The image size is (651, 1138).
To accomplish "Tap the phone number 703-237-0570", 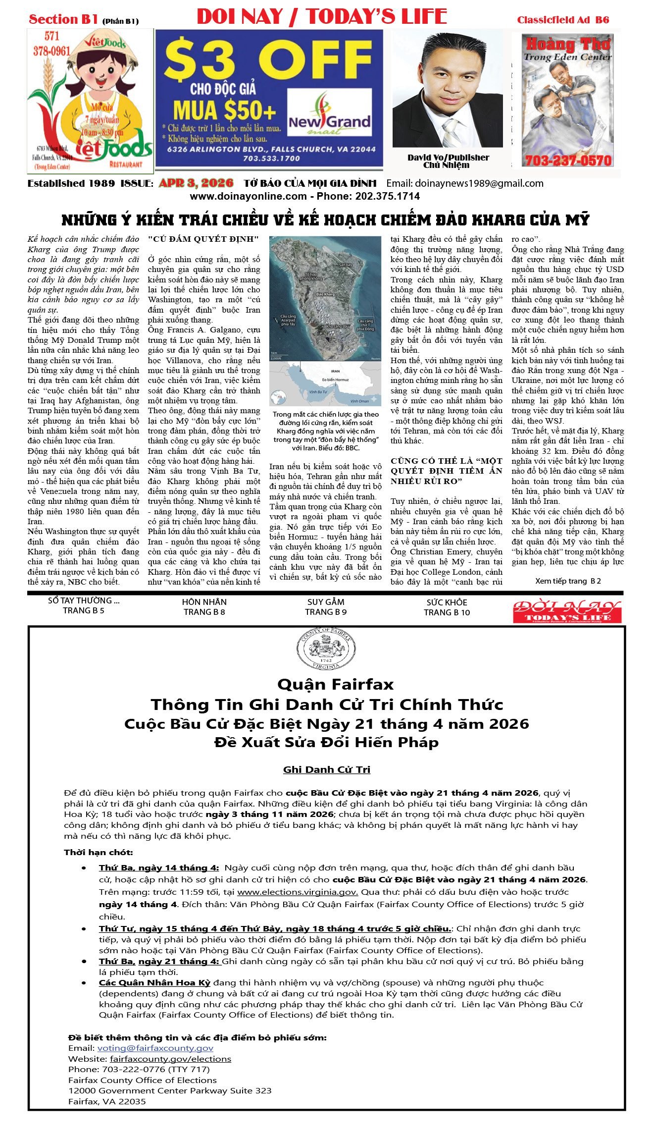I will click(x=568, y=161).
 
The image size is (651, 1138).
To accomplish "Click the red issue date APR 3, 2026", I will click(x=196, y=183).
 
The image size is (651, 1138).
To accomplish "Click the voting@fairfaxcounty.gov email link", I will click(x=155, y=1048).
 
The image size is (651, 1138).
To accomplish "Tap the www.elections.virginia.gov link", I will click(x=298, y=892).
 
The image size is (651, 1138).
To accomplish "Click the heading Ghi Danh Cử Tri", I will click(x=326, y=769).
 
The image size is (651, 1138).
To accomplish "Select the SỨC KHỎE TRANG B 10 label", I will click(x=447, y=607).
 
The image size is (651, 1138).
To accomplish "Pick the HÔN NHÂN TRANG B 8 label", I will click(x=204, y=607).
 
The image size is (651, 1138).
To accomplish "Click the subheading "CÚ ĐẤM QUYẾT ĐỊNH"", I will click(x=203, y=239).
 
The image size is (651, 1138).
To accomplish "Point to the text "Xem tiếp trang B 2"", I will click(x=568, y=581).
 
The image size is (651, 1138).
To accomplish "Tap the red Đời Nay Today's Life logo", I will click(x=567, y=611).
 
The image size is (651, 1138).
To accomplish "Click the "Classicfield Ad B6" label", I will click(x=563, y=20).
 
